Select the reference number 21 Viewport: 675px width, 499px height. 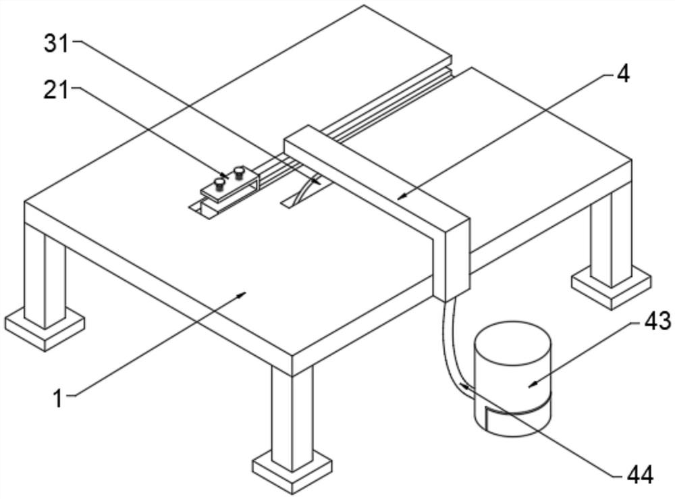coord(57,91)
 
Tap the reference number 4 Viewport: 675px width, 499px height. coord(623,74)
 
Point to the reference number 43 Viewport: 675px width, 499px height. coord(657,321)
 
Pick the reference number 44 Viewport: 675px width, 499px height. coord(641,475)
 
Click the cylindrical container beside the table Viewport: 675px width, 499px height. coord(512,378)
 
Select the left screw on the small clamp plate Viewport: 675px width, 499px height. coord(219,184)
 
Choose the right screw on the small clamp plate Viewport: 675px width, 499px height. coord(238,173)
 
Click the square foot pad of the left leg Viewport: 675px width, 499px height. coord(45,327)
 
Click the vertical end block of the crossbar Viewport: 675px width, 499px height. coord(452,259)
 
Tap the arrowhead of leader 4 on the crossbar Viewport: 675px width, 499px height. coord(402,196)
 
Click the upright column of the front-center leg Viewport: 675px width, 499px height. coord(292,415)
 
